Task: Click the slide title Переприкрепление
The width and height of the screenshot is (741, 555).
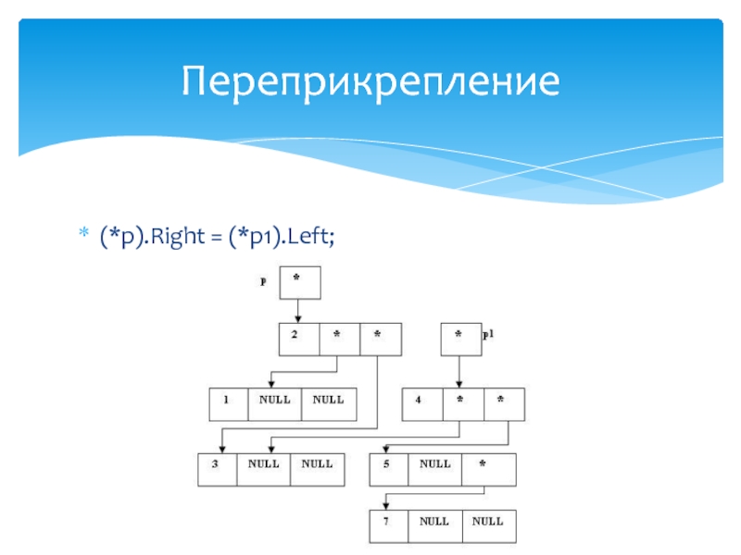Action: tap(370, 82)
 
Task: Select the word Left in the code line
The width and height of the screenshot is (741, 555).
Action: tap(310, 240)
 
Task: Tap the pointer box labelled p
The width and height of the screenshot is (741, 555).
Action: tap(298, 282)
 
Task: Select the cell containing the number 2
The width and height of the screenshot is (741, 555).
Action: tap(298, 339)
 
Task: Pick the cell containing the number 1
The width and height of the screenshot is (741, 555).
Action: tap(228, 404)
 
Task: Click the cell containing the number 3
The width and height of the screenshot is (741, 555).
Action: tap(218, 469)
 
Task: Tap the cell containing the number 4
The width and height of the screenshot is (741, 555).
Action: tap(421, 404)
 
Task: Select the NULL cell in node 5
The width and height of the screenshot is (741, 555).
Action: tap(435, 469)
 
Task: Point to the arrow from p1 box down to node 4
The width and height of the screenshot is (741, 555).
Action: tap(459, 371)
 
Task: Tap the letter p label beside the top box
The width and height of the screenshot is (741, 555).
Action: tap(263, 282)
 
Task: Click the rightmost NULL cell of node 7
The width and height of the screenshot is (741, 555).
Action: tap(488, 526)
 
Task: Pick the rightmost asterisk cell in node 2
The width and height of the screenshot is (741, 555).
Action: tap(380, 339)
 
